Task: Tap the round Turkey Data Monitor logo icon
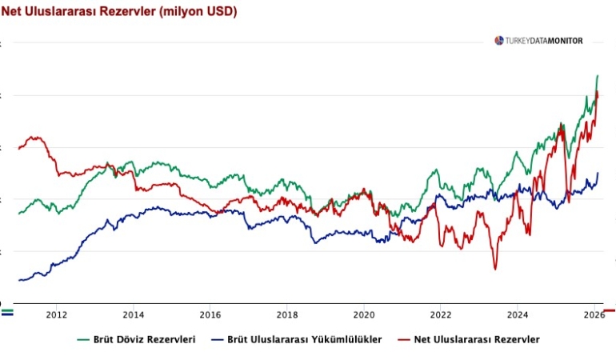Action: pos(499,41)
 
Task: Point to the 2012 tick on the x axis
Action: pos(56,315)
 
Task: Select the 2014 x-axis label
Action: pos(133,315)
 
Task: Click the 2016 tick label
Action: pos(210,315)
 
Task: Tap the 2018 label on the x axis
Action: pos(286,315)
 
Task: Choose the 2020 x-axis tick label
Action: pos(363,315)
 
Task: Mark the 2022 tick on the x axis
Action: pos(440,315)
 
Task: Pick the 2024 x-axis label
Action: pos(517,315)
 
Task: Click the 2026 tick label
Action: pos(593,315)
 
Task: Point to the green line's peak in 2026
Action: pos(597,75)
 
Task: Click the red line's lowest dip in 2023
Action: pos(494,269)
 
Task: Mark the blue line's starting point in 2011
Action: pos(19,280)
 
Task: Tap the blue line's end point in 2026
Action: pos(597,173)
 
